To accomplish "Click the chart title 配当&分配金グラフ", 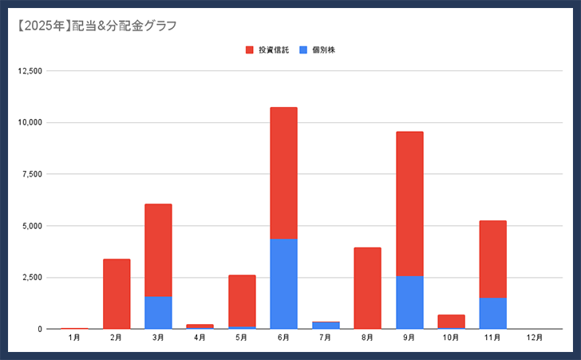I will click(96, 26).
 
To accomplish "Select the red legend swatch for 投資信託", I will click(249, 50).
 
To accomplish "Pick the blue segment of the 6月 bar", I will click(283, 283).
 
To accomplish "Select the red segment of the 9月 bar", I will click(409, 204).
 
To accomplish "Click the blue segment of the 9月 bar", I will click(409, 302).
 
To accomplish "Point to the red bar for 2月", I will click(117, 294).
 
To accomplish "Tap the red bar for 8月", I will click(367, 287).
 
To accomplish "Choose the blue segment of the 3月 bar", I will click(158, 312).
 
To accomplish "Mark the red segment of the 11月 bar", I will click(492, 259).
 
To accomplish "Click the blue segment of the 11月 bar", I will click(492, 313).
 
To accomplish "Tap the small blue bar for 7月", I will click(326, 325).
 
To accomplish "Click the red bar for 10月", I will click(451, 321).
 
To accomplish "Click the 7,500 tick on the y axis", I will click(31, 174).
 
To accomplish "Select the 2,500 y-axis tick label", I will click(31, 278).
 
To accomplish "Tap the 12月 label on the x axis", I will click(534, 338).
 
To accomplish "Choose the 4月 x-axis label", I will click(200, 338).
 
